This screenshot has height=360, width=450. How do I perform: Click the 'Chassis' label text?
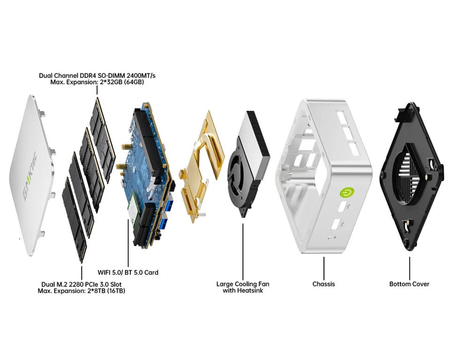pyautogui.click(x=323, y=284)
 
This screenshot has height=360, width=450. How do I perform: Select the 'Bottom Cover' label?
pyautogui.click(x=409, y=284)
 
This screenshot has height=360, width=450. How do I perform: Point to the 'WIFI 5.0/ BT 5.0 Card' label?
pyautogui.click(x=128, y=272)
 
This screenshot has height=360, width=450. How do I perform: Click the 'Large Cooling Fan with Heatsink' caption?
pyautogui.click(x=243, y=287)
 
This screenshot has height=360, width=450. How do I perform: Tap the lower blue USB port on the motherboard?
pyautogui.click(x=164, y=223)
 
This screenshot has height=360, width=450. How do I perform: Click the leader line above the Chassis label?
pyautogui.click(x=324, y=268)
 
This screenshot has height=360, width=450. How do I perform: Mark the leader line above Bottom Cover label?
pyautogui.click(x=410, y=268)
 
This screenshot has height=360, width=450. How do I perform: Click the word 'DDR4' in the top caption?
pyautogui.click(x=87, y=75)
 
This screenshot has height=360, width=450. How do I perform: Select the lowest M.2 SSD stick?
pyautogui.click(x=75, y=220)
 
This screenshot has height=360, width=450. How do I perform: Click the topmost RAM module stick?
pyautogui.click(x=103, y=140)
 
